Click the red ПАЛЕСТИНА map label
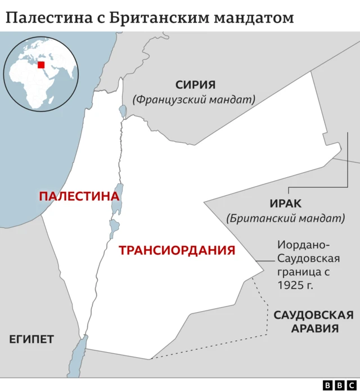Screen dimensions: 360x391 [79, 196]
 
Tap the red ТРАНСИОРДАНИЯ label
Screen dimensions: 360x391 [177, 250]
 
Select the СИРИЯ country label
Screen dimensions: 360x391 [195, 85]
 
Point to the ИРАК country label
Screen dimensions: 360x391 [286, 204]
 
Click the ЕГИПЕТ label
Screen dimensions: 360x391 [31, 339]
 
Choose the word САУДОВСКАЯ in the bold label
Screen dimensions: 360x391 [313, 315]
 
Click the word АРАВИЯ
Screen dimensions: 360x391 [314, 329]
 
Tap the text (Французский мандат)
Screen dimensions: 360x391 [194, 99]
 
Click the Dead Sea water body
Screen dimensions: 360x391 [118, 200]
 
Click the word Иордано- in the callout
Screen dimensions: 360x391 [304, 245]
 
